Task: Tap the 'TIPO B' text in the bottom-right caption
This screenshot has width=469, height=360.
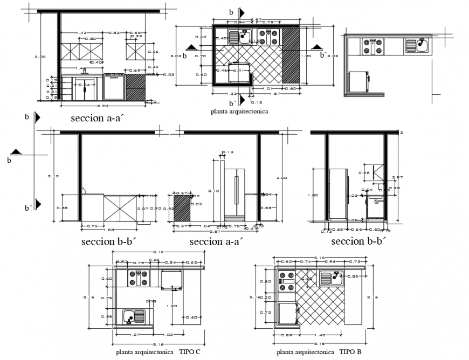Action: pyautogui.click(x=350, y=352)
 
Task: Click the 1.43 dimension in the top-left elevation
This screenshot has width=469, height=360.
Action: pyautogui.click(x=82, y=33)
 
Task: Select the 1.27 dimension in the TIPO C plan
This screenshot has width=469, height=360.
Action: pyautogui.click(x=135, y=335)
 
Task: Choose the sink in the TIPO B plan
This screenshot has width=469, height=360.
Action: pyautogui.click(x=330, y=278)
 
